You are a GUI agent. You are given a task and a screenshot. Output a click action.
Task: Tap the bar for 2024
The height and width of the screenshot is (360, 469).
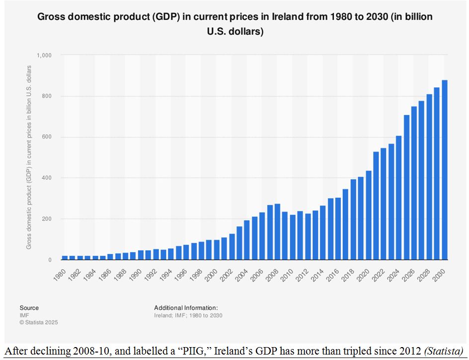click(398, 198)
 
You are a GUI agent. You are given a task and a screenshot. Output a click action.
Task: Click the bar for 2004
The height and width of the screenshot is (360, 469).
click(247, 240)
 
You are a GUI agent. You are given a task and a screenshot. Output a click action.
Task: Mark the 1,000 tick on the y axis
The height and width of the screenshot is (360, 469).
click(44, 55)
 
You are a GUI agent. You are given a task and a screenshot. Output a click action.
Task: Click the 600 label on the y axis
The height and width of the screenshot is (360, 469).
click(48, 137)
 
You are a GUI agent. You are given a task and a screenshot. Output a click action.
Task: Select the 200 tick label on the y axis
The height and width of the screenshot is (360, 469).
click(48, 219)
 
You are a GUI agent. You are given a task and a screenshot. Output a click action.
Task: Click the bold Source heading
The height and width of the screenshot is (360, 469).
click(29, 308)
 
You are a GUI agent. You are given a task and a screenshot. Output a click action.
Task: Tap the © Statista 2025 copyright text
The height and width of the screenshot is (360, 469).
click(39, 322)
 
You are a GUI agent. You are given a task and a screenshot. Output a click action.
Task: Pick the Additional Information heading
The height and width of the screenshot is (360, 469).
click(186, 308)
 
